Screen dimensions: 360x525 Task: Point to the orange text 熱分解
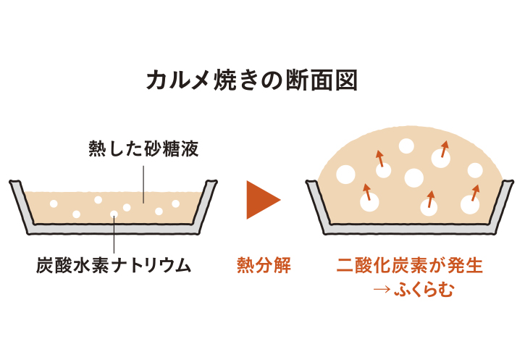click(264, 265)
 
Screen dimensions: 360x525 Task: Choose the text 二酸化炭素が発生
click(409, 265)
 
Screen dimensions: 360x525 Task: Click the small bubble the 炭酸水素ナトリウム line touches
click(114, 214)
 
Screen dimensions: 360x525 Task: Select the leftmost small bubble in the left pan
click(53, 204)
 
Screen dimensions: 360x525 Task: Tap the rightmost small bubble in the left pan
click(175, 204)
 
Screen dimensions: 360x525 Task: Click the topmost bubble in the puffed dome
click(406, 146)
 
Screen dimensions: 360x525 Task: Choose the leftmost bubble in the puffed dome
click(345, 175)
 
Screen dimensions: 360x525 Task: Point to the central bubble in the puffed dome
click(413, 177)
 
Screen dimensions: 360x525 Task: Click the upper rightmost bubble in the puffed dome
click(475, 170)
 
